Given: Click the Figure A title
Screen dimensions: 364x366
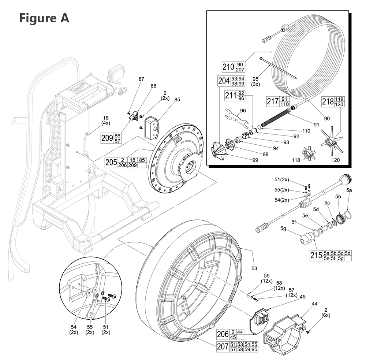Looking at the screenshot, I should [44, 18].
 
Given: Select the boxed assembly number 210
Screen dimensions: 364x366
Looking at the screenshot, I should [228, 67].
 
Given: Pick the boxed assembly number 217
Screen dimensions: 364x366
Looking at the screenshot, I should [272, 101].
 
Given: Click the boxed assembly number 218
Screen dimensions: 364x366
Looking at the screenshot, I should [328, 101].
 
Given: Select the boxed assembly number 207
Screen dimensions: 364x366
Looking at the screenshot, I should [223, 347].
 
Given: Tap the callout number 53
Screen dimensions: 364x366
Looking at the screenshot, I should [254, 268].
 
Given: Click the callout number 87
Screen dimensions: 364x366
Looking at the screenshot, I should [141, 79].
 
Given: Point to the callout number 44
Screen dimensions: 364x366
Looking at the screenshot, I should [314, 304].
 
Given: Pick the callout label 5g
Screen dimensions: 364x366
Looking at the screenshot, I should [283, 229].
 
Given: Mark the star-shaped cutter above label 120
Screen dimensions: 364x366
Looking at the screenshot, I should [332, 143].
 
